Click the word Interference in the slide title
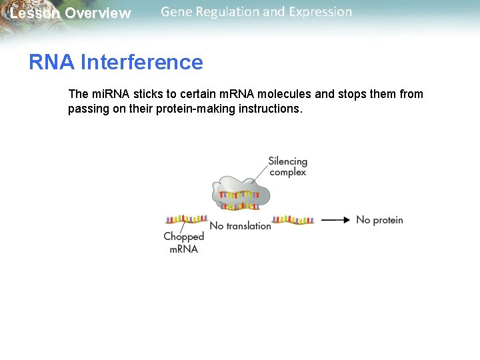(x=141, y=63)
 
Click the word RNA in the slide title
(x=52, y=63)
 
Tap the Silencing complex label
(x=287, y=167)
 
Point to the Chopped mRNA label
(x=183, y=243)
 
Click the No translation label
(x=240, y=226)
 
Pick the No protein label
(x=379, y=220)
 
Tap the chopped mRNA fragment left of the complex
(x=186, y=219)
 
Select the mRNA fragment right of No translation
(x=293, y=219)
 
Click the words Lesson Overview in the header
(x=71, y=13)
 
